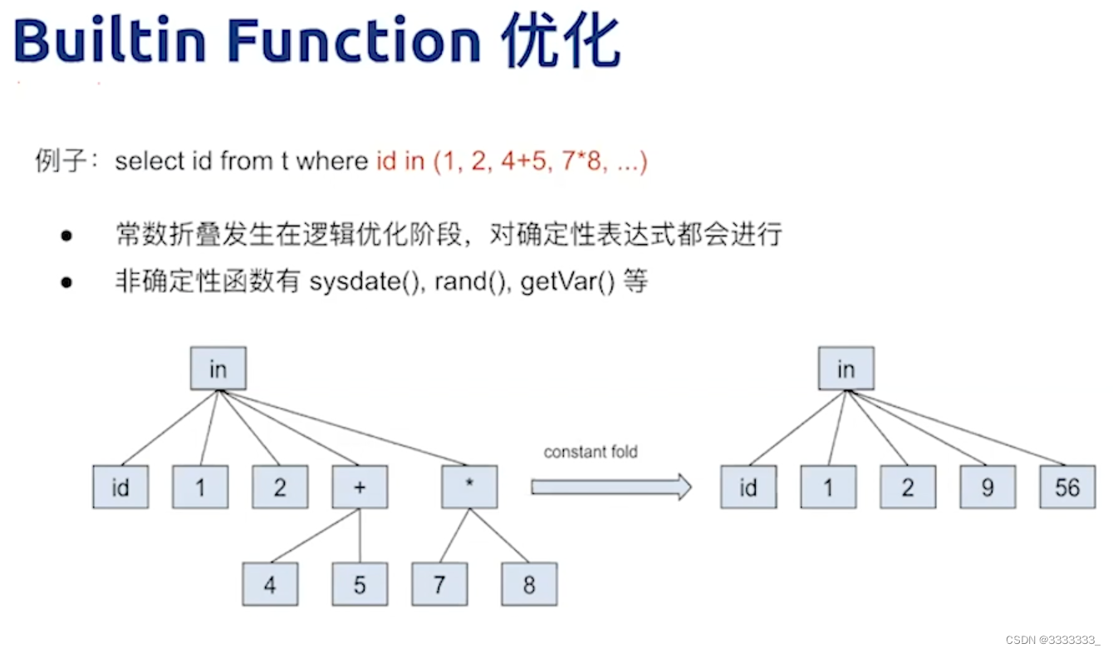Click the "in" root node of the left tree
218,368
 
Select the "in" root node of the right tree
846,368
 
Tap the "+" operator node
360,487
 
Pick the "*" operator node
469,487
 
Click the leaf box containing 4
270,584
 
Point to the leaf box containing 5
360,584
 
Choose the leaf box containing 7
439,584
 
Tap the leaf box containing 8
529,584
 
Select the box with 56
1067,487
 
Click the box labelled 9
988,487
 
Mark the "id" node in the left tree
120,487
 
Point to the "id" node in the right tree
748,487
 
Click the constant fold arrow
610,487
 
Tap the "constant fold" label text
591,452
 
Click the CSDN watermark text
1052,640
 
